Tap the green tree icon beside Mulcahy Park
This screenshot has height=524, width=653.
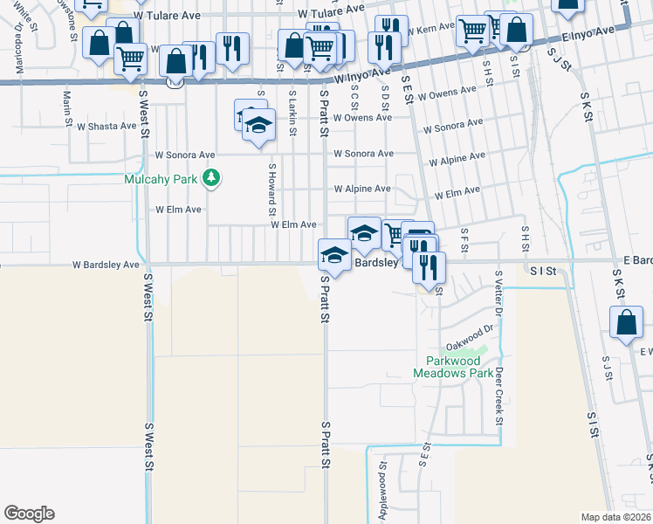(210, 179)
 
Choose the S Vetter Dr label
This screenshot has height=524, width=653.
(498, 293)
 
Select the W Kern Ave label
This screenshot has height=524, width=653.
(432, 30)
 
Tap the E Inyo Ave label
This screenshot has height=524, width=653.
(588, 33)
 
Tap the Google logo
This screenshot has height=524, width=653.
(29, 514)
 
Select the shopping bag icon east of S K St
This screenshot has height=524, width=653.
(628, 322)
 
